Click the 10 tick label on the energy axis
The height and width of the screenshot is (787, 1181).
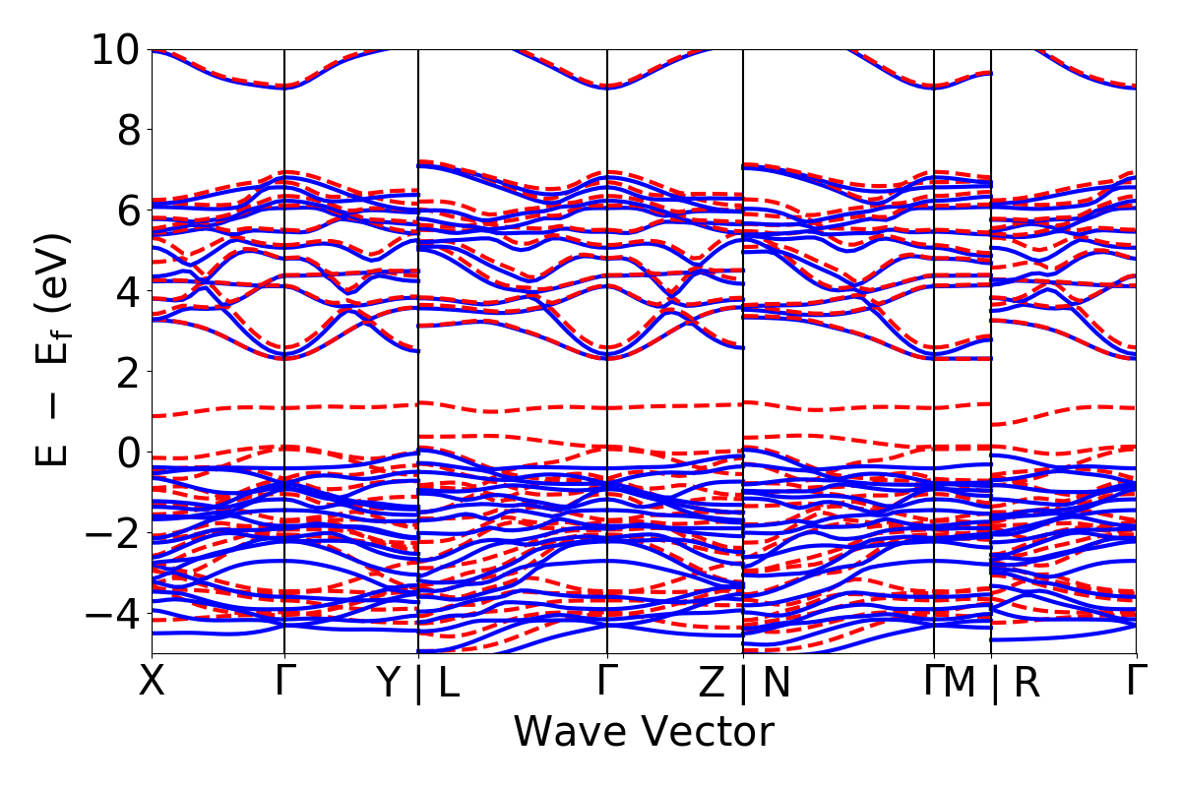coord(115,49)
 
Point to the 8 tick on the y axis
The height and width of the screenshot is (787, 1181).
coord(128,130)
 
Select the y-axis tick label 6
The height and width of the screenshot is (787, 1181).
coord(128,211)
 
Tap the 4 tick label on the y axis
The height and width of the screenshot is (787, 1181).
coord(128,291)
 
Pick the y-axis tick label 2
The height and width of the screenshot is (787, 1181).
coord(128,372)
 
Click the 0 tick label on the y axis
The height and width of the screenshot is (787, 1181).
coord(128,453)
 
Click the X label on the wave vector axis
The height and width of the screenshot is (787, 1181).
coord(152,682)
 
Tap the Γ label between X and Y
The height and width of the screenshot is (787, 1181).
coord(284,682)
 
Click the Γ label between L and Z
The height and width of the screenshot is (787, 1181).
coord(607,682)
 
